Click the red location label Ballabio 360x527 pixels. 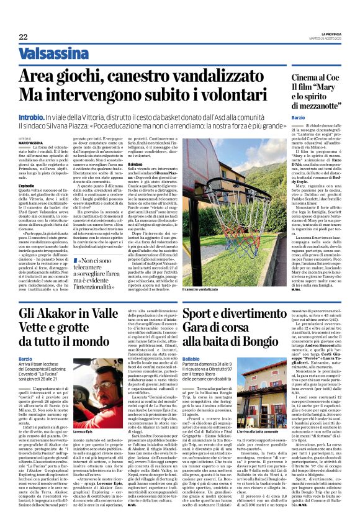192,359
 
